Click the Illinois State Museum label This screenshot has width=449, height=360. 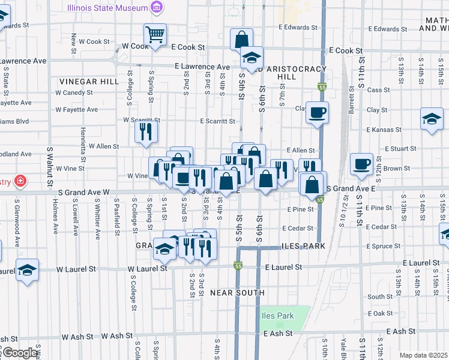click(107, 8)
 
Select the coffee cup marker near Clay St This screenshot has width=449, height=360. click(316, 111)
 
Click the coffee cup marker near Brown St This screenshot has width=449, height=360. click(362, 163)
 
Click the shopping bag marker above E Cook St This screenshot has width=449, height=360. click(241, 40)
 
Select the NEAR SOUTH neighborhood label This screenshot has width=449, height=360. click(237, 293)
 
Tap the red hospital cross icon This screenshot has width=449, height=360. click(20, 180)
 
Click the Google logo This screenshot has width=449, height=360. click(20, 353)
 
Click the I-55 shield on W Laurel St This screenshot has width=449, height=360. click(238, 266)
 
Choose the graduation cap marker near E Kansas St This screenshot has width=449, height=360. click(431, 118)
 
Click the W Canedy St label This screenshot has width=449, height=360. click(74, 92)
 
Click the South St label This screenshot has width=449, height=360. click(380, 296)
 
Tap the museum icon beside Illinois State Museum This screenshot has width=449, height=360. click(157, 8)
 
